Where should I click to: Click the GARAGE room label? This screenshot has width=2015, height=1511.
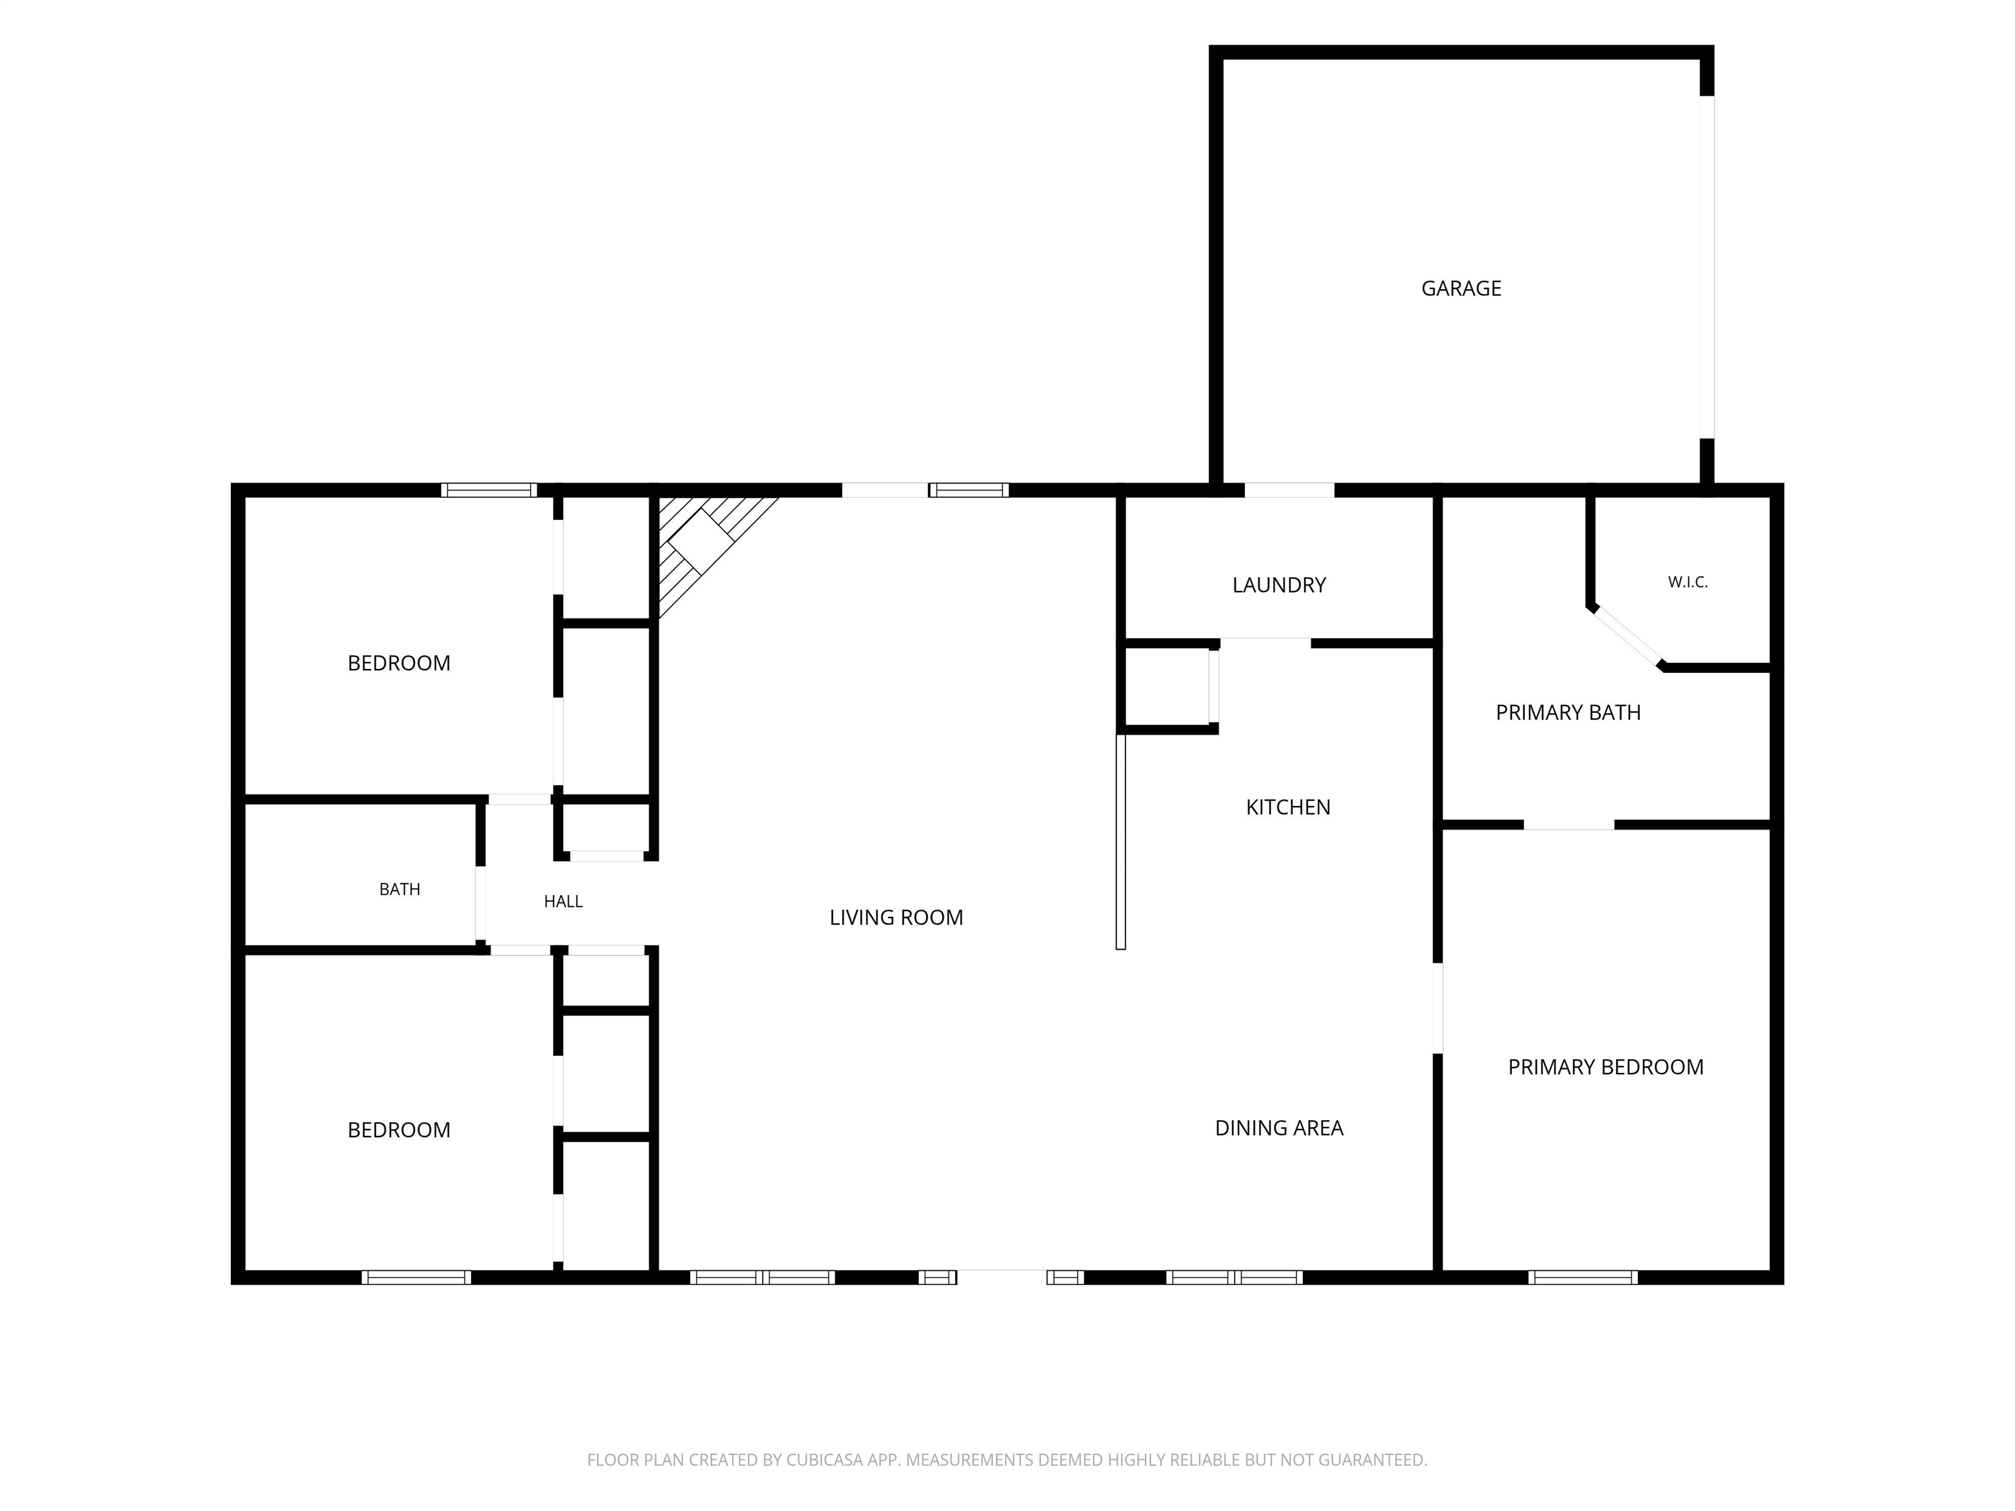[1461, 289]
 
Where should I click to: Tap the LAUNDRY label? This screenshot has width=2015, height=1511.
[1279, 586]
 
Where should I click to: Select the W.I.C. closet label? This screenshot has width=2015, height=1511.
[1688, 582]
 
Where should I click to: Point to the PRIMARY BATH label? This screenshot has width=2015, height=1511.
[1568, 713]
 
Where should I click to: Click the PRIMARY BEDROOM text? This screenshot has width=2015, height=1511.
[1605, 1068]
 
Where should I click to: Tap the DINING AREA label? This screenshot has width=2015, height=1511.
[1279, 1129]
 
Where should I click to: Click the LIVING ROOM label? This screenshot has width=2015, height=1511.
[897, 918]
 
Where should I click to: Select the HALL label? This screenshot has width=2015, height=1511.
[563, 902]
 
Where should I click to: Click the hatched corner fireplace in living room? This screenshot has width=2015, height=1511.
[701, 546]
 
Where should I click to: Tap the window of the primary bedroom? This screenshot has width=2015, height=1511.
[1583, 1277]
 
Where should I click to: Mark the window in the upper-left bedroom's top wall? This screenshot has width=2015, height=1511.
[489, 490]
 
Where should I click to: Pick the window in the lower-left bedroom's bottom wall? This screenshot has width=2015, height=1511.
[417, 1277]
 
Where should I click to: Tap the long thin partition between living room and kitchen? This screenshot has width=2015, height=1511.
[1120, 841]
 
